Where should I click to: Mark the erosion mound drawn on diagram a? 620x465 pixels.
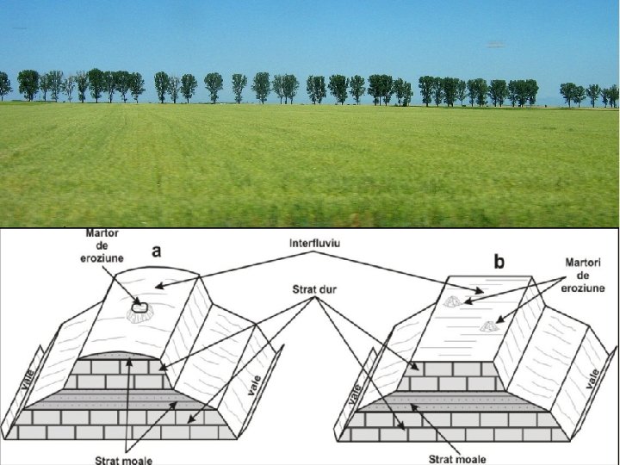139,309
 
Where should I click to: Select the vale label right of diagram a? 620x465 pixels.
251,383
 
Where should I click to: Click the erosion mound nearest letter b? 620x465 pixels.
453,302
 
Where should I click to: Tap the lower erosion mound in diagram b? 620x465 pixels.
488,325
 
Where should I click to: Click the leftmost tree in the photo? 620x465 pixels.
4,84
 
